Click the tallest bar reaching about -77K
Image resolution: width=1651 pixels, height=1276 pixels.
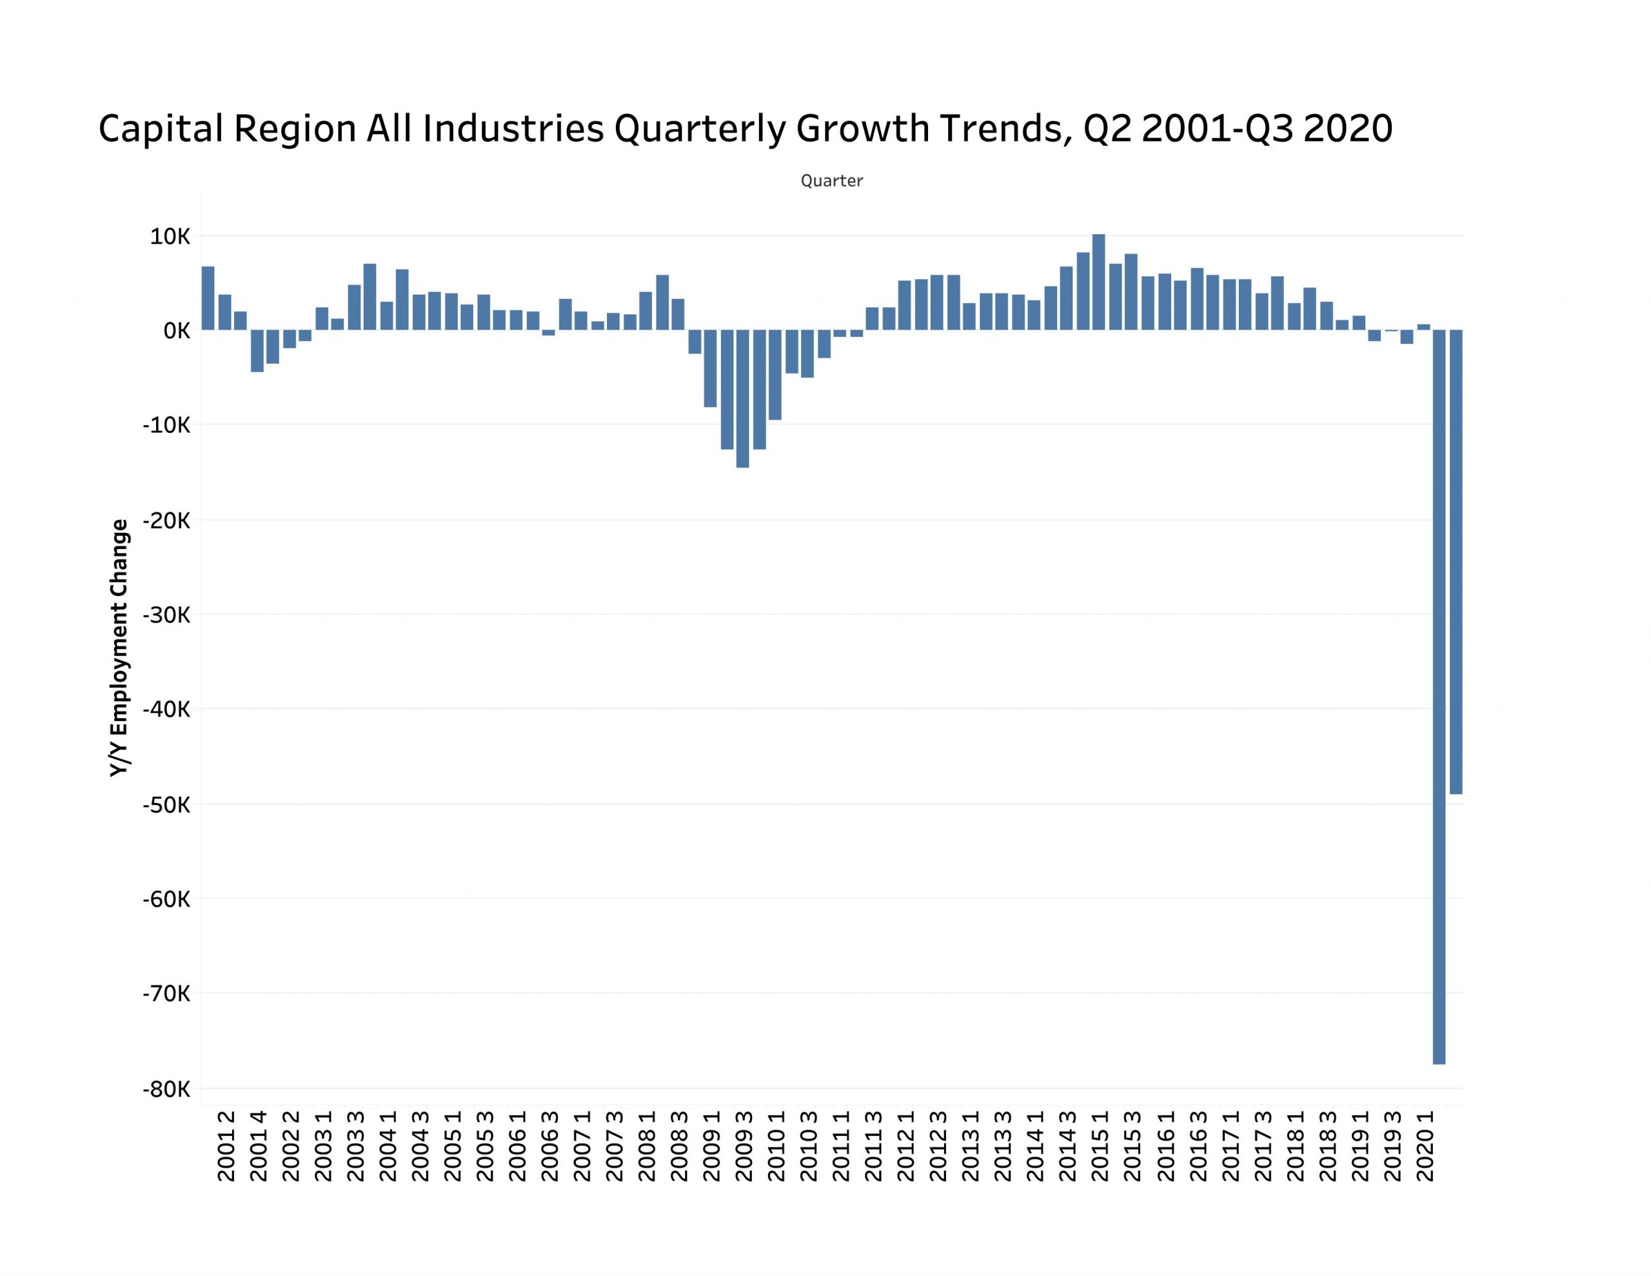pyautogui.click(x=1439, y=696)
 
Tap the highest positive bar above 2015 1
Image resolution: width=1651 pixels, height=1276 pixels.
pyautogui.click(x=1098, y=282)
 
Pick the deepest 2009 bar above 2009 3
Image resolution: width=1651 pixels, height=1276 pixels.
pyautogui.click(x=742, y=399)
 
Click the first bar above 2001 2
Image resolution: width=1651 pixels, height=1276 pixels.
pyautogui.click(x=208, y=298)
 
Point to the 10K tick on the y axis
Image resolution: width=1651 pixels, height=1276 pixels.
pyautogui.click(x=170, y=237)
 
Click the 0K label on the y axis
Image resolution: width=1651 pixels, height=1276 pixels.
pyautogui.click(x=176, y=330)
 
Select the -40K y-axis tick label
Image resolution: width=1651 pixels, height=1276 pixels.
pyautogui.click(x=166, y=710)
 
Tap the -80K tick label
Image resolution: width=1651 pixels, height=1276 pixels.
pyautogui.click(x=166, y=1089)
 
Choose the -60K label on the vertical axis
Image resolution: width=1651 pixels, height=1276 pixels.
pyautogui.click(x=166, y=899)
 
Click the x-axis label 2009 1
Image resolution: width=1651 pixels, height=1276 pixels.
pyautogui.click(x=712, y=1146)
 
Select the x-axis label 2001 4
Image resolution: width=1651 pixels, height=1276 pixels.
pyautogui.click(x=259, y=1146)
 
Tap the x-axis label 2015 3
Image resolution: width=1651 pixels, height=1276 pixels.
pyautogui.click(x=1132, y=1146)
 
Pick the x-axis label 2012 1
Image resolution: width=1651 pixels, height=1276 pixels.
pyautogui.click(x=905, y=1146)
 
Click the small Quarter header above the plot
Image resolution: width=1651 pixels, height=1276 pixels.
pyautogui.click(x=831, y=181)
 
